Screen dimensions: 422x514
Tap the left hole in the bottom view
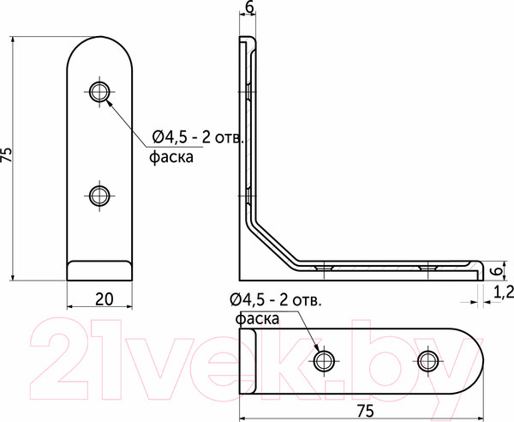[325, 360]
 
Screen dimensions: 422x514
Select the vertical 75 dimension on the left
[8, 154]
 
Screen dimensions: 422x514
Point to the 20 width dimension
[103, 299]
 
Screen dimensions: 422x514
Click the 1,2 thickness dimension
[504, 293]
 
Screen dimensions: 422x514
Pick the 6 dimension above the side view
[248, 8]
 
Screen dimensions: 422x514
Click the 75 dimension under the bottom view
[365, 411]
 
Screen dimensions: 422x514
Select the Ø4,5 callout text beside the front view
[199, 137]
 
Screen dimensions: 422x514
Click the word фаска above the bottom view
[257, 319]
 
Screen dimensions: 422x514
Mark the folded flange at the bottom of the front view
[102, 270]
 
